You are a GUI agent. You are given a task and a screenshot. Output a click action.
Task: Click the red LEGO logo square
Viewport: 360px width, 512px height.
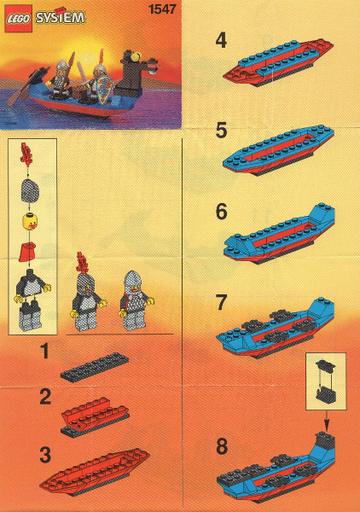click(18, 19)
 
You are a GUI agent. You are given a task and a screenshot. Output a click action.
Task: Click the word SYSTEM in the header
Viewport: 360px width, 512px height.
click(61, 18)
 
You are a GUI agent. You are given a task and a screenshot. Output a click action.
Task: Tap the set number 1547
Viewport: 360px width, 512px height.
click(162, 9)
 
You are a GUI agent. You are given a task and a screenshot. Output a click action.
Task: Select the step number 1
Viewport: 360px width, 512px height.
click(44, 351)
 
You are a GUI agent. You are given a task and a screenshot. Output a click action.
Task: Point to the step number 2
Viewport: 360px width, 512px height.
click(45, 397)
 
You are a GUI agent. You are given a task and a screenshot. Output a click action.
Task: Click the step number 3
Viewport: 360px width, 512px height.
click(45, 455)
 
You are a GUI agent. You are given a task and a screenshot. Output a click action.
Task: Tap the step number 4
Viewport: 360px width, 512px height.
click(221, 41)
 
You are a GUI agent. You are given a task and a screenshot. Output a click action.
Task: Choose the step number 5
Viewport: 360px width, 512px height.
click(221, 131)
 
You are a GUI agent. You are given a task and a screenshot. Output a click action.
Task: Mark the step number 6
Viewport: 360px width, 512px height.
click(221, 212)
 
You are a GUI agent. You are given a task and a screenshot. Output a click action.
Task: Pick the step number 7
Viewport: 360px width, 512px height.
click(221, 302)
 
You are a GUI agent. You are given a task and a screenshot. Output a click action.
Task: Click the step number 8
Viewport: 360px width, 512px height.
click(222, 446)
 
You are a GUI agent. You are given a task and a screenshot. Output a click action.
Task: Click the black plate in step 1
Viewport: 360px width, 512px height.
click(95, 366)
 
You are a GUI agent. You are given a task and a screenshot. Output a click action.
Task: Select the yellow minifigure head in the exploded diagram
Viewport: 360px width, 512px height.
click(30, 221)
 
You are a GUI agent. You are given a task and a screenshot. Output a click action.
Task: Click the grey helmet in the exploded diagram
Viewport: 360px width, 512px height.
click(30, 190)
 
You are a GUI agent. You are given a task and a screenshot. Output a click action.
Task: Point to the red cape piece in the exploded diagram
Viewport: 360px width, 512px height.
click(27, 252)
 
